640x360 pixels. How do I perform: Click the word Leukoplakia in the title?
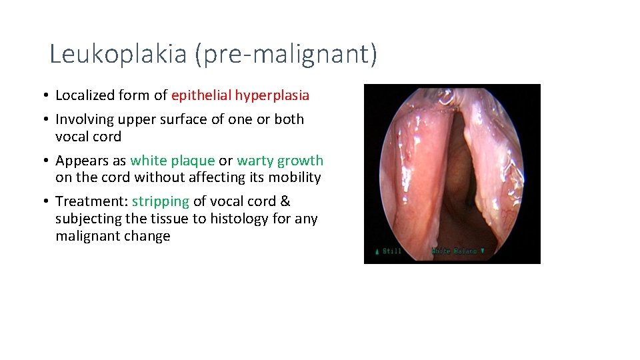(118, 53)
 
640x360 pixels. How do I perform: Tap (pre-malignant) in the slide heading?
(286, 53)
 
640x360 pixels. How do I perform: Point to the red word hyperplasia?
(273, 95)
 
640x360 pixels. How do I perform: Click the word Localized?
(85, 95)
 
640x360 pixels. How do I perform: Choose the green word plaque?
(193, 161)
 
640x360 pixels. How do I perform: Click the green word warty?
(255, 161)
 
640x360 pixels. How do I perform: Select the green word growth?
(301, 161)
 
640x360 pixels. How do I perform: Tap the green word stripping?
(161, 201)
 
